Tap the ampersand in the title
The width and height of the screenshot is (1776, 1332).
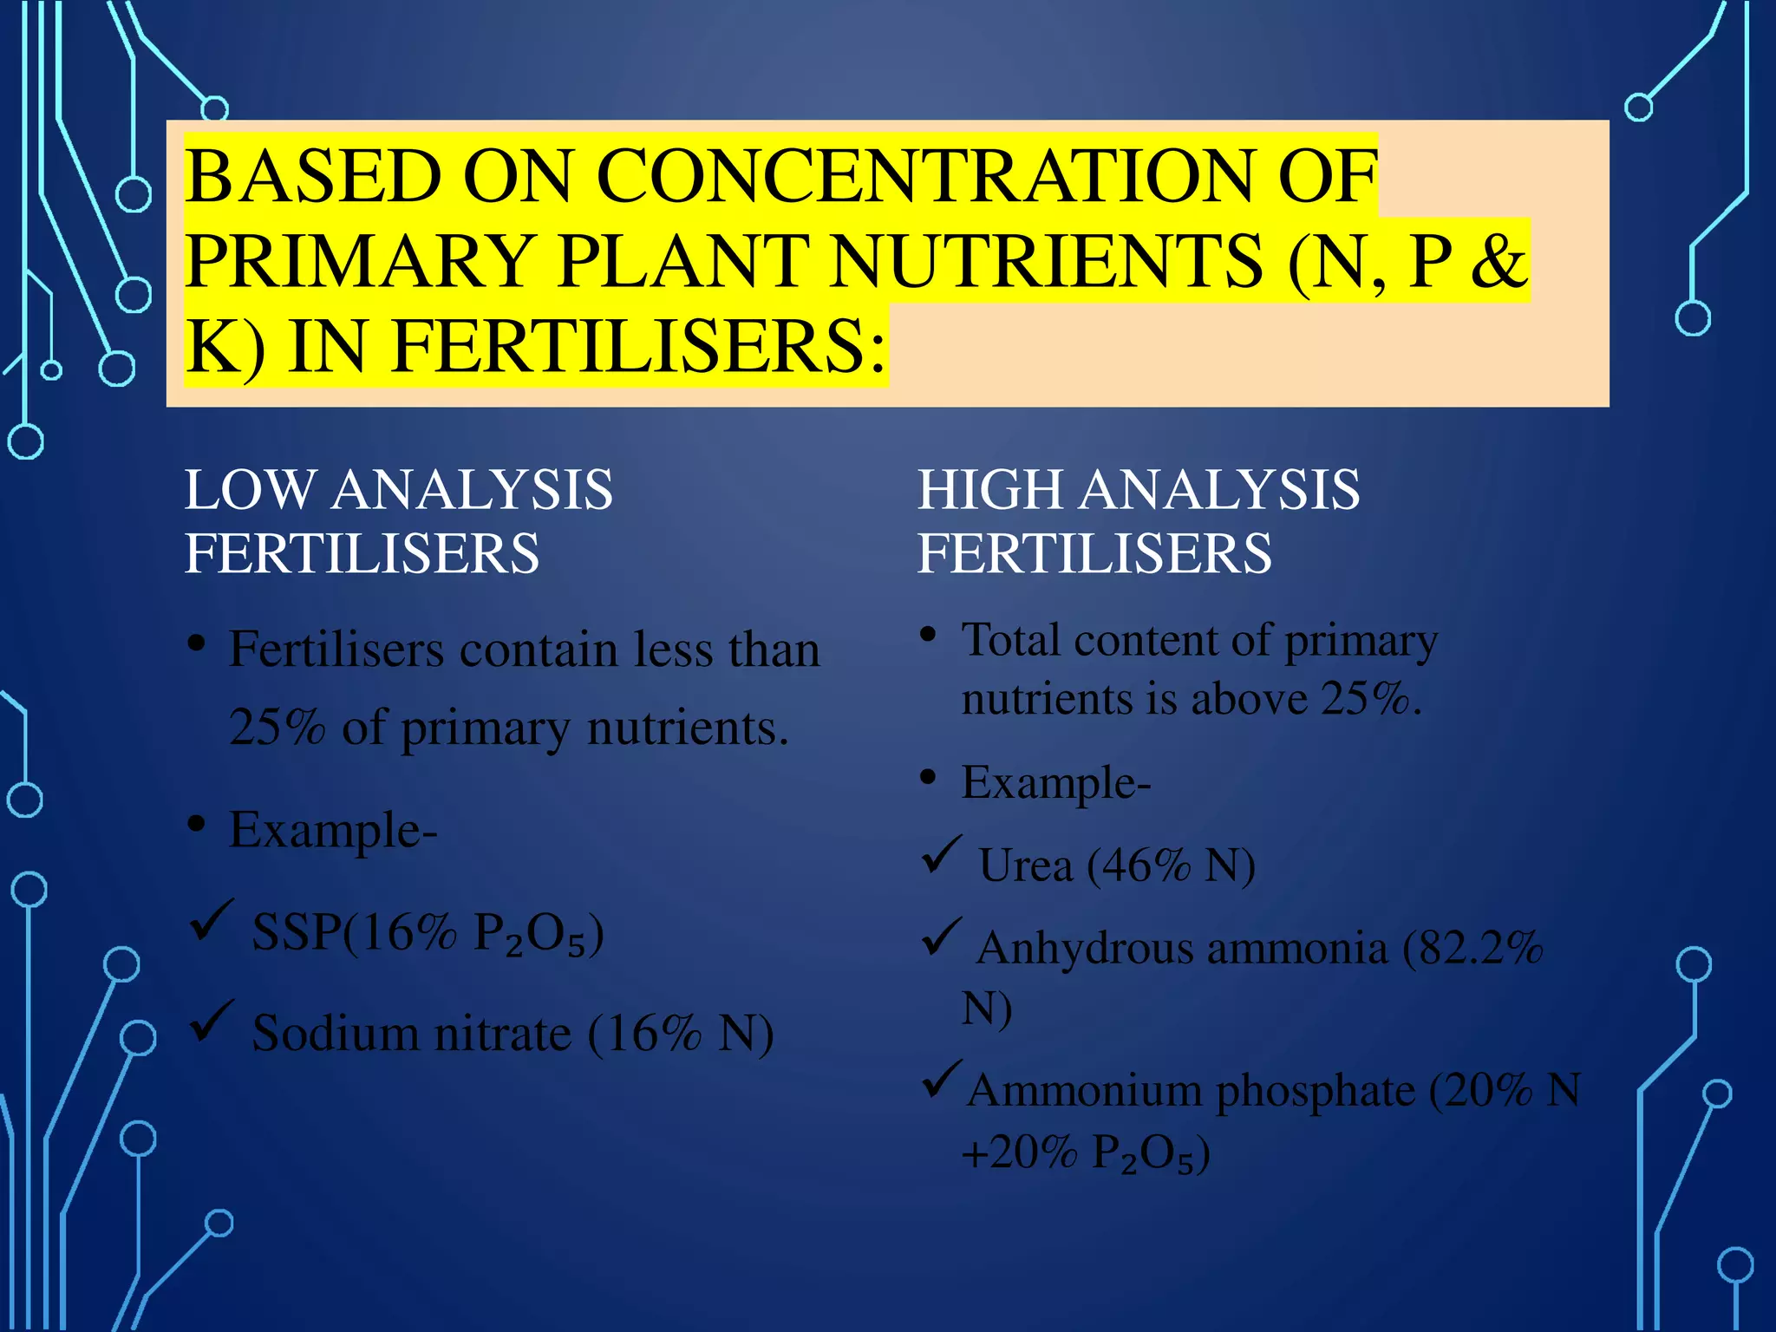(x=1498, y=262)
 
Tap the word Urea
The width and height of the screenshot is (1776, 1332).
(x=1024, y=865)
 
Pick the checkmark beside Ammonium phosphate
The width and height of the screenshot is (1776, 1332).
(x=941, y=1078)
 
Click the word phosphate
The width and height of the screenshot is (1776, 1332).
(x=1315, y=1091)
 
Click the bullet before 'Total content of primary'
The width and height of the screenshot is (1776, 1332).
(x=928, y=635)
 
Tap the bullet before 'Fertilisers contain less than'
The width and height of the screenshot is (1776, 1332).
(x=197, y=644)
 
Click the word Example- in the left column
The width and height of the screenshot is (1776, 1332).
(x=333, y=831)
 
